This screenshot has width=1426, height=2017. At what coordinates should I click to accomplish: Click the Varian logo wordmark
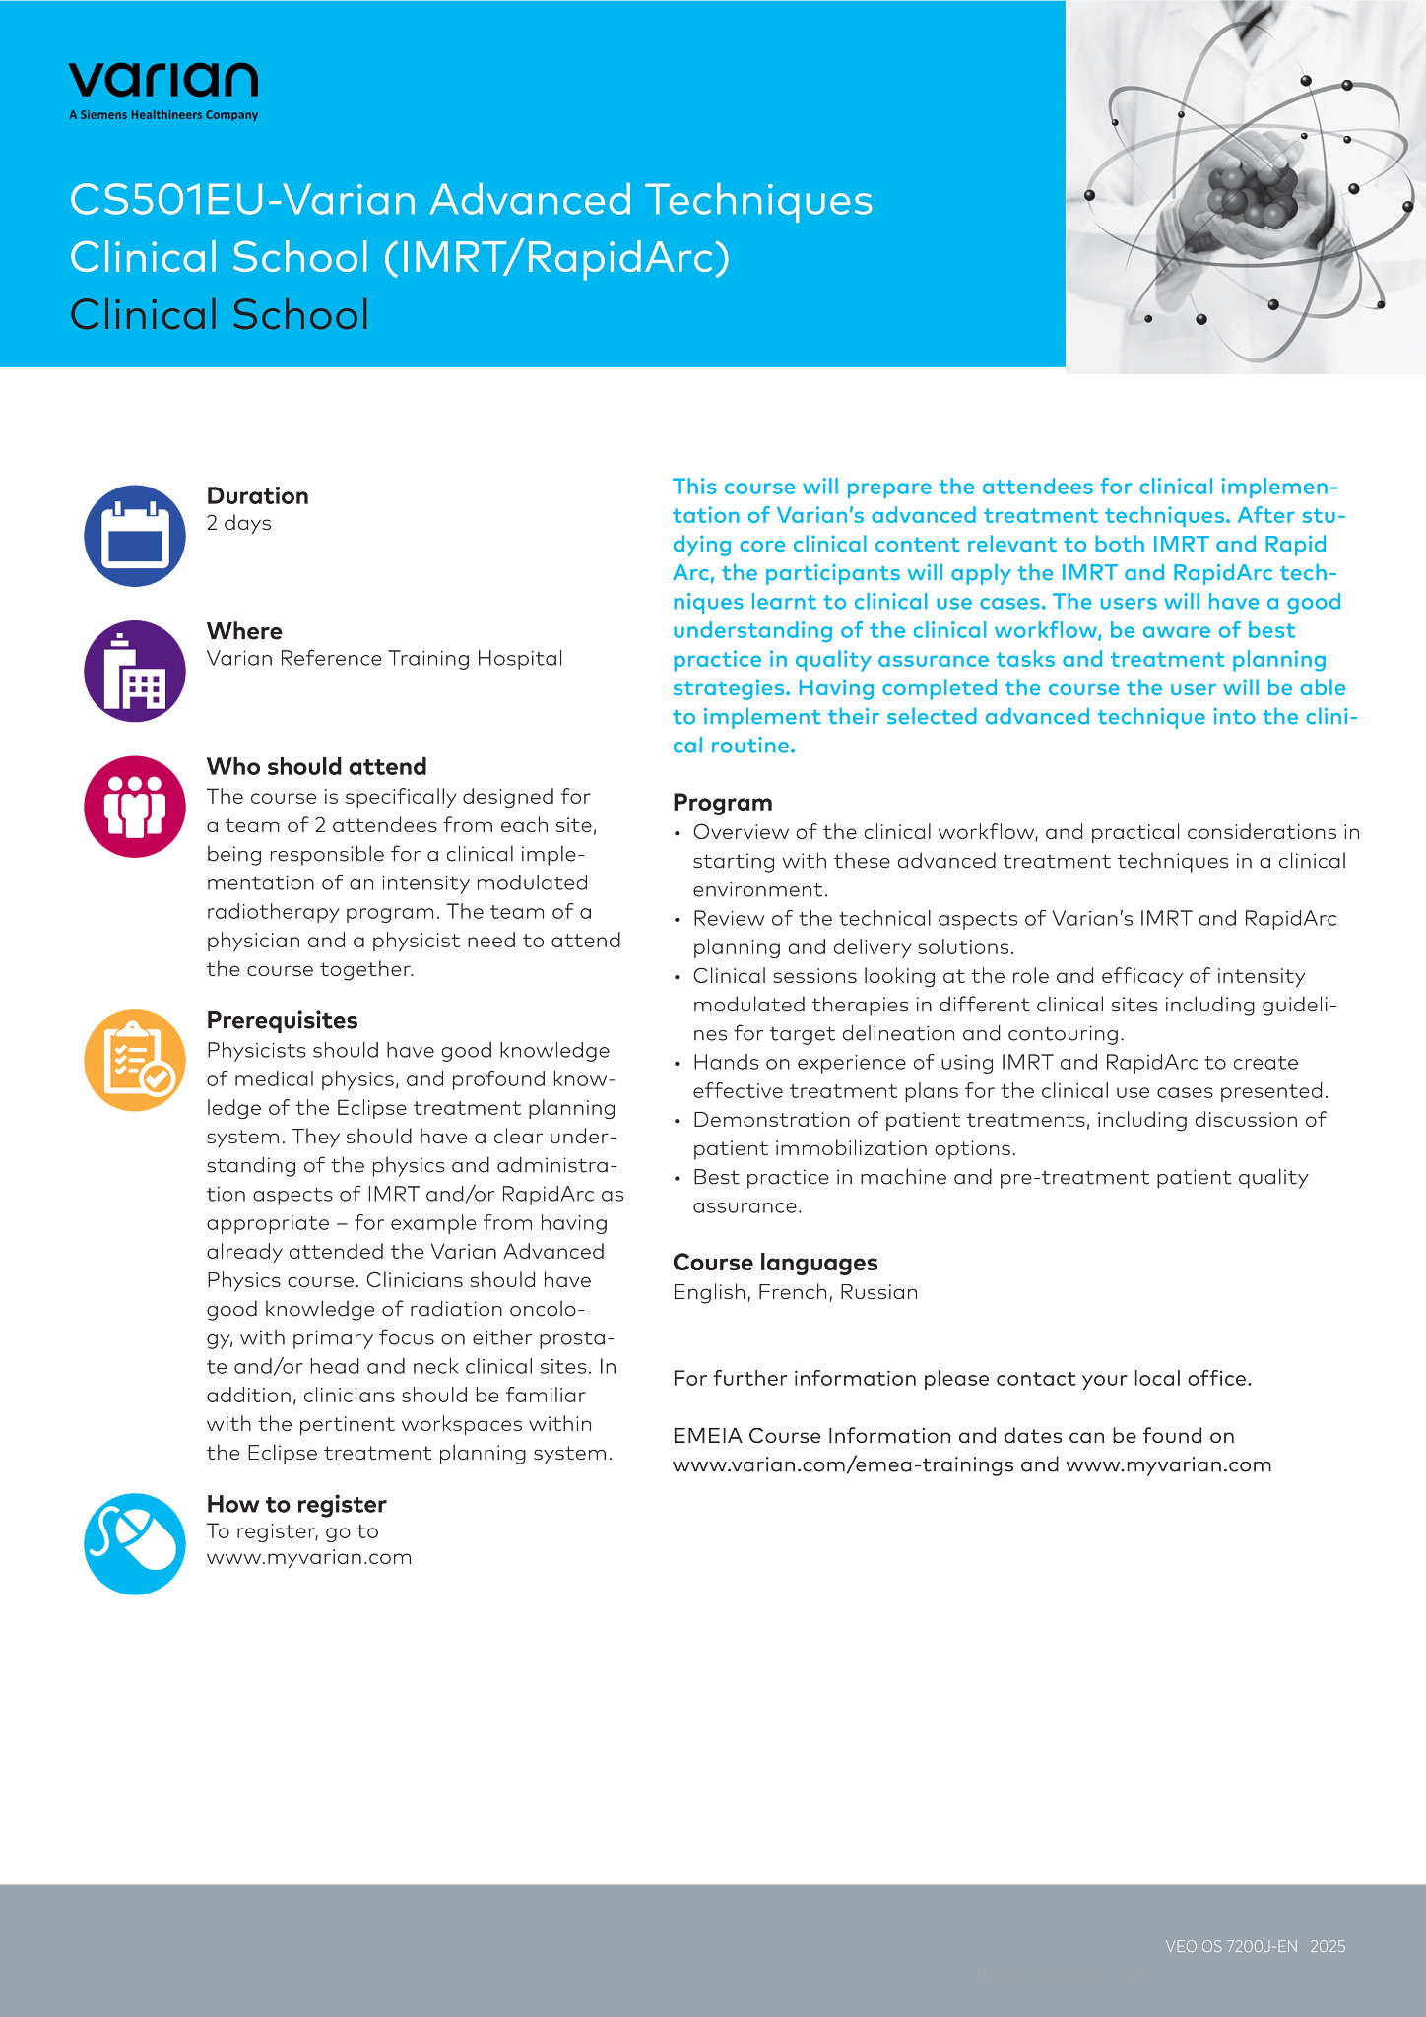[x=163, y=79]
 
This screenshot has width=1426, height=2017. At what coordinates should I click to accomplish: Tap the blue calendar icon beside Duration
[x=135, y=536]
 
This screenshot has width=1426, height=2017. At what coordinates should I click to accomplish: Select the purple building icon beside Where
[x=135, y=671]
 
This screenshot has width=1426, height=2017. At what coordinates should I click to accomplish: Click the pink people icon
[x=135, y=807]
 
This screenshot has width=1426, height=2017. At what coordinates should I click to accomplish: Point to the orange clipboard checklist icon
[x=135, y=1061]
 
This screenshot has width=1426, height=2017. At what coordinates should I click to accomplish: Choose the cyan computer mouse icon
[x=135, y=1543]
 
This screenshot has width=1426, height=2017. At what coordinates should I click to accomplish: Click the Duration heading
[x=257, y=496]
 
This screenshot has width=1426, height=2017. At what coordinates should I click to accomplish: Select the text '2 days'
[x=238, y=523]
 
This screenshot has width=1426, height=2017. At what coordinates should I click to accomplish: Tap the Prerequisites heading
[x=282, y=1020]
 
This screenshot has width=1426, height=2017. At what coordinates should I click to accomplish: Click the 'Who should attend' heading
[x=316, y=767]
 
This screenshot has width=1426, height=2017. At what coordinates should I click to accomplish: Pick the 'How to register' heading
[x=295, y=1504]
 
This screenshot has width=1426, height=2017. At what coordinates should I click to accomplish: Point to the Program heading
[x=722, y=803]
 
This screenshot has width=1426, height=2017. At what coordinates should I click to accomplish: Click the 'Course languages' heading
[x=774, y=1263]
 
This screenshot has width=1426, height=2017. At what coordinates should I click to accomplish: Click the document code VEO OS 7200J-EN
[x=1231, y=1946]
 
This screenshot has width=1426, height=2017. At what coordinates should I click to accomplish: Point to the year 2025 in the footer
[x=1328, y=1946]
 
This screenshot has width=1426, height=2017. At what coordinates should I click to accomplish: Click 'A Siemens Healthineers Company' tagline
[x=163, y=115]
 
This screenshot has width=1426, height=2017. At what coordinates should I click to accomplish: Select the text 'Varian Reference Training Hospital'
[x=384, y=658]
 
